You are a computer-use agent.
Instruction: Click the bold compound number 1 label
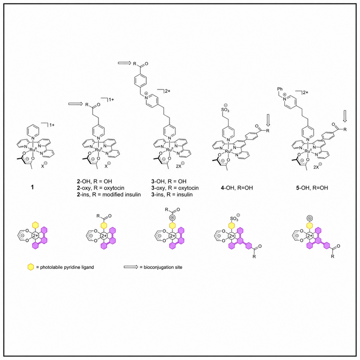33,187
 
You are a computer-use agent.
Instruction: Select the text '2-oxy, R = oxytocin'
101,188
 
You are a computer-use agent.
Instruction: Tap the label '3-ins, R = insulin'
172,195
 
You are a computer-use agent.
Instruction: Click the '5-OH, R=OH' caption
312,188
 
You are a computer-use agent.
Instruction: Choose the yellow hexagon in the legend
30,267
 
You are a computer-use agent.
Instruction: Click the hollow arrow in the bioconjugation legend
131,267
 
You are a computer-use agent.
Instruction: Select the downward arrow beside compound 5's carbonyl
345,116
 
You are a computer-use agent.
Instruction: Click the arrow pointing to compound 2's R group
75,104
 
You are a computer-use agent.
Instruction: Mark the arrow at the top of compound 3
124,63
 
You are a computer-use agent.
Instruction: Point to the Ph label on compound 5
280,89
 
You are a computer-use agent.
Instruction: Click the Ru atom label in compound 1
33,150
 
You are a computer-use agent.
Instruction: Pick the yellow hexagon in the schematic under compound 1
35,225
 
